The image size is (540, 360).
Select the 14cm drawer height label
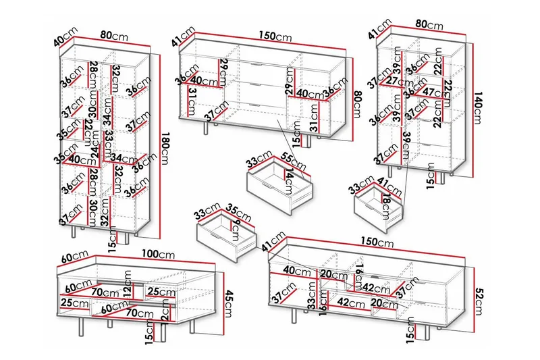coord(290,182)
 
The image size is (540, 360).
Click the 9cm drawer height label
coord(235,227)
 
